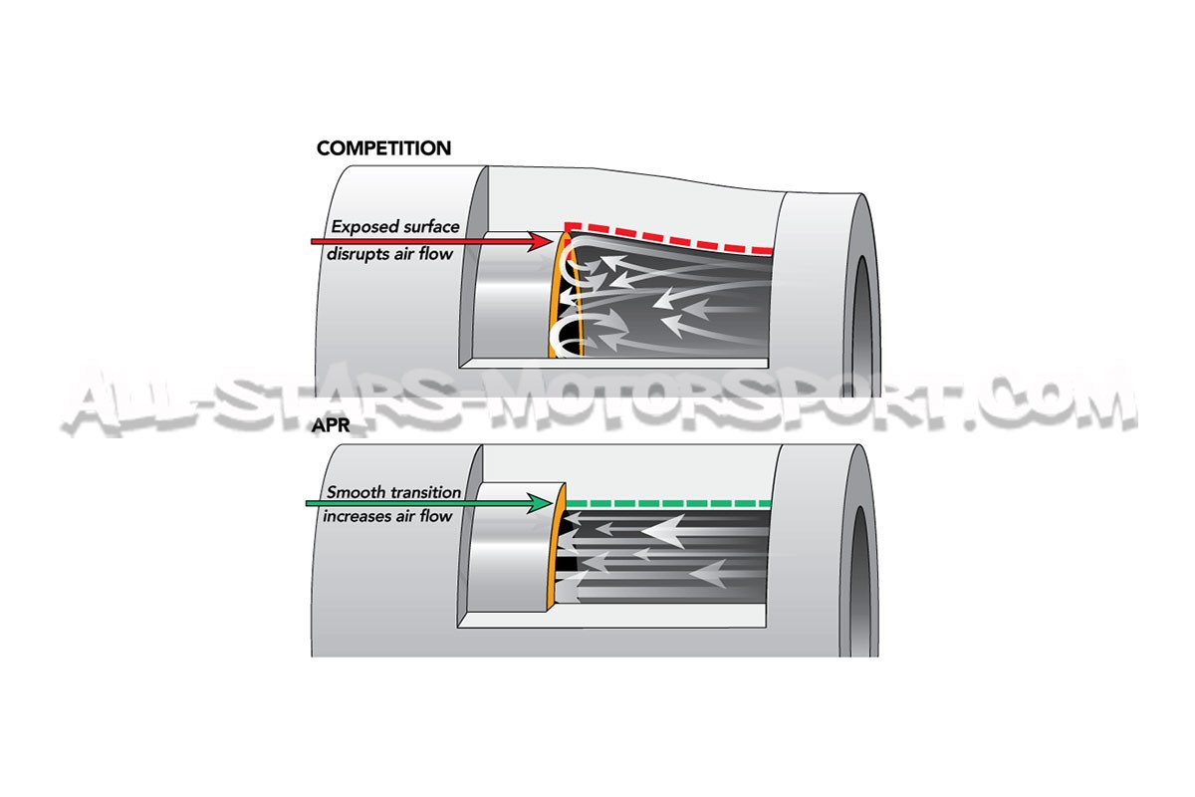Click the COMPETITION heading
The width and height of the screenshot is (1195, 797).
(x=383, y=148)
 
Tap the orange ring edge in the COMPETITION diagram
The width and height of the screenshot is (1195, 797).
(x=553, y=309)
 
